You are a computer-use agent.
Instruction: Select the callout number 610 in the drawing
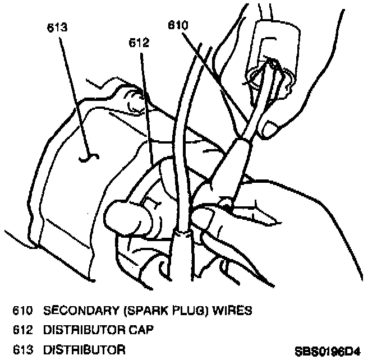pos(177,25)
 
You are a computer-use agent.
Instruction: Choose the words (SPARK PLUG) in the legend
pos(160,310)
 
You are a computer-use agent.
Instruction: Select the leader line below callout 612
pos(145,95)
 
